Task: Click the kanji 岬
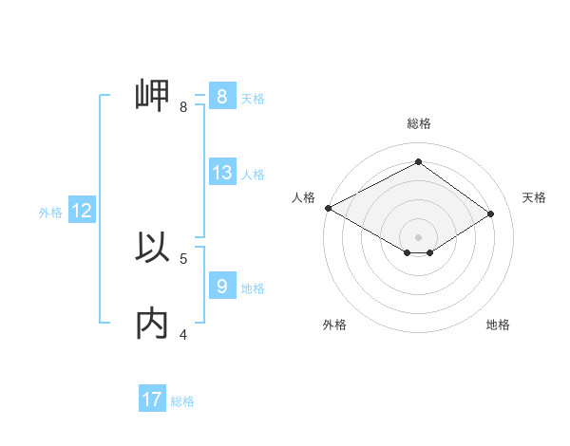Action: (152, 96)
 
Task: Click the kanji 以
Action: (152, 248)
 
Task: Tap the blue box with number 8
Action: (221, 97)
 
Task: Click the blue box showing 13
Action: (222, 173)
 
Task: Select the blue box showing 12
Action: (82, 211)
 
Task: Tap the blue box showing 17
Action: (152, 399)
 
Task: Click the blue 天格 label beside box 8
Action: (253, 98)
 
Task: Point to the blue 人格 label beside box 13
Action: (253, 175)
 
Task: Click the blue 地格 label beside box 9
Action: (253, 288)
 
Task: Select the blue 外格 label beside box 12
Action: (50, 213)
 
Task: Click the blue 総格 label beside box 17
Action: (182, 401)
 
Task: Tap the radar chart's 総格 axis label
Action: (418, 123)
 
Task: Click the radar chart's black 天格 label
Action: (534, 197)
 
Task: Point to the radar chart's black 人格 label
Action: (303, 197)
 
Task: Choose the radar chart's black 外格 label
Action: (334, 325)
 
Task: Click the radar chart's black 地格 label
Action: (498, 325)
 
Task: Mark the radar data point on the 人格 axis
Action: (328, 207)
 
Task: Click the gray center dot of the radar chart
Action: (418, 236)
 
